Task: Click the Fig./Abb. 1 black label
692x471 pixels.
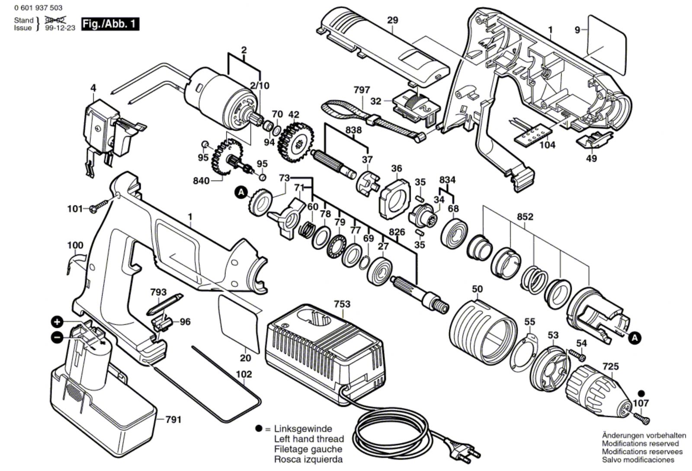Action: click(110, 24)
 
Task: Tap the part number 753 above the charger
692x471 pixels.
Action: click(342, 304)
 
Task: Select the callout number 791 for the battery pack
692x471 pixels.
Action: click(173, 419)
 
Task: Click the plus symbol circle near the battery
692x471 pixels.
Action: click(57, 322)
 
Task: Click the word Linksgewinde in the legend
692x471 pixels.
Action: click(303, 429)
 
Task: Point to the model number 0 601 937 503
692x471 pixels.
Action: click(38, 8)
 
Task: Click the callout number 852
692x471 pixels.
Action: click(525, 217)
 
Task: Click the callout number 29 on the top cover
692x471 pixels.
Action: click(392, 20)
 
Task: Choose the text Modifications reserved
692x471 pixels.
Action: click(640, 443)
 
